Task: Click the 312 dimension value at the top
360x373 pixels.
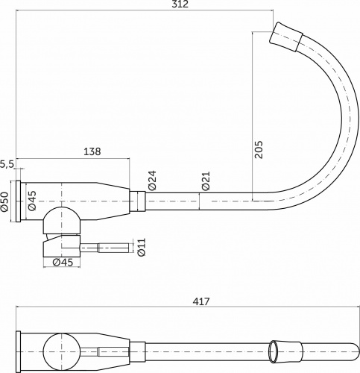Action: pyautogui.click(x=179, y=5)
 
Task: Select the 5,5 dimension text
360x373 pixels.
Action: pyautogui.click(x=7, y=163)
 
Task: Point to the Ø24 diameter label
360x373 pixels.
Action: pyautogui.click(x=151, y=181)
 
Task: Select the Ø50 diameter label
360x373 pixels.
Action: pyautogui.click(x=4, y=201)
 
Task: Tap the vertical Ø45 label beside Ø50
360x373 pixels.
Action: pyautogui.click(x=31, y=201)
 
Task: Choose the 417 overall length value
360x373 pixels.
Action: pyautogui.click(x=200, y=301)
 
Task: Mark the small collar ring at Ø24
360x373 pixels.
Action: pyautogui.click(x=136, y=201)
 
